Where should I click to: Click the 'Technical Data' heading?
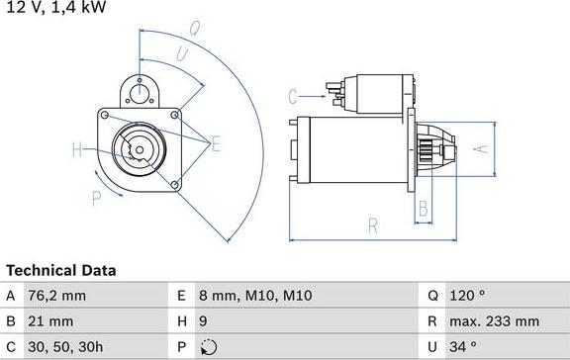(x=61, y=270)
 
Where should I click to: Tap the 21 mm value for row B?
(x=51, y=321)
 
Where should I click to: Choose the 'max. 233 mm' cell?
(x=496, y=321)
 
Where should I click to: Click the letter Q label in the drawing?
(x=194, y=30)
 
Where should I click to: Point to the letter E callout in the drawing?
(x=216, y=144)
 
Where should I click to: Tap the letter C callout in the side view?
(x=294, y=96)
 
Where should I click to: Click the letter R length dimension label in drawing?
(x=373, y=226)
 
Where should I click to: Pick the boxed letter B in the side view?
(x=423, y=209)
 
